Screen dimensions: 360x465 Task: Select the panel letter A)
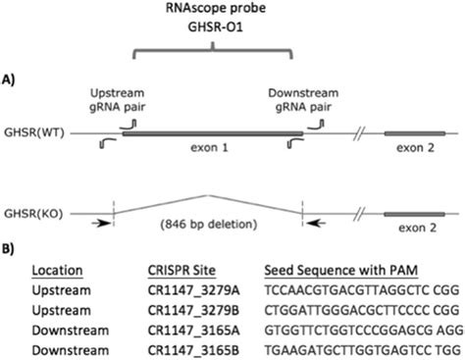pyautogui.click(x=12, y=77)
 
